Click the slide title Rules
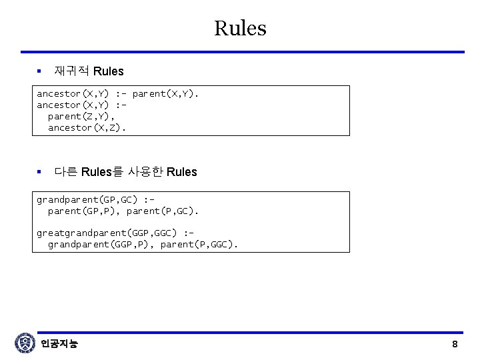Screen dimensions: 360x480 point(240,28)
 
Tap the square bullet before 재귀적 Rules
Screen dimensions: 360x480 point(39,71)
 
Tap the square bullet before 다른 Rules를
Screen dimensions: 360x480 point(39,172)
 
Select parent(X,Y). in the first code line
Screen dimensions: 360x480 point(165,93)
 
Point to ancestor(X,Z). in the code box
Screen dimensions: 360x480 point(87,127)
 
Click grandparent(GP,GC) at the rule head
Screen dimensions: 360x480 point(87,199)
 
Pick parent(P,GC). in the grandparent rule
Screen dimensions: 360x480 point(163,211)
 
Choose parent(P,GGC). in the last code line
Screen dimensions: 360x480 point(199,245)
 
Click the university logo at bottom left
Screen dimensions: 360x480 point(25,343)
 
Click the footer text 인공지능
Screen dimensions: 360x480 point(59,344)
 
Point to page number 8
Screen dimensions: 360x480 point(455,345)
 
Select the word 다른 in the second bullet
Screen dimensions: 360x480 point(65,172)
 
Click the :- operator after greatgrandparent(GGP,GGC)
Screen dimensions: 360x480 point(188,233)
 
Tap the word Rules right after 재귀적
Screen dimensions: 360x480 point(109,71)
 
